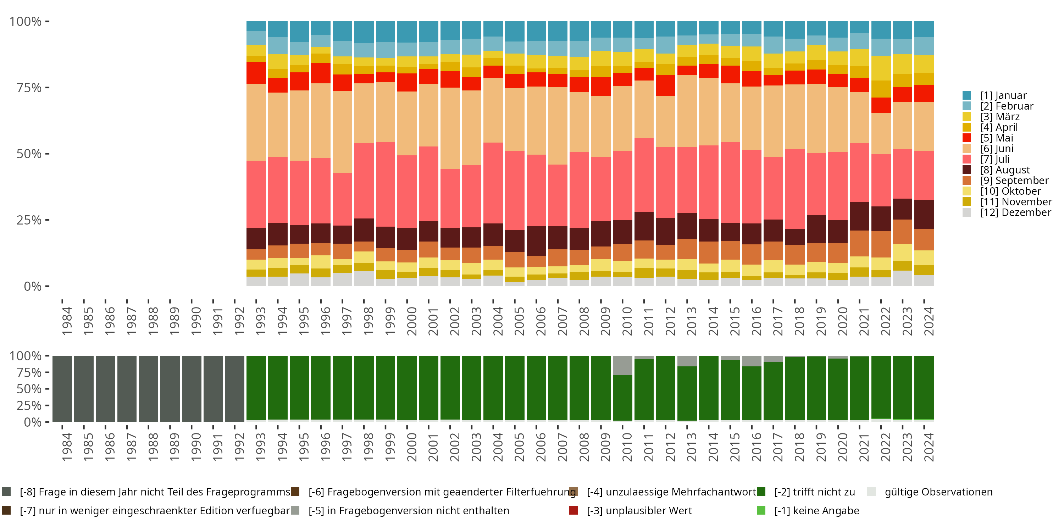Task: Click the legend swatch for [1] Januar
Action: point(966,95)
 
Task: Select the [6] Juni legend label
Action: point(997,149)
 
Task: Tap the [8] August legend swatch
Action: point(966,170)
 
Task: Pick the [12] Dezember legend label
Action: point(1015,212)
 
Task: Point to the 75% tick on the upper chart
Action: point(47,88)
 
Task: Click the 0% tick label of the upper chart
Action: point(32,286)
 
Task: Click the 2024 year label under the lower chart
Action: point(928,447)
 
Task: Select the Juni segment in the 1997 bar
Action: point(342,132)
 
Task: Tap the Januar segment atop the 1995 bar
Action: point(299,32)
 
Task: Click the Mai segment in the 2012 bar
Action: point(665,85)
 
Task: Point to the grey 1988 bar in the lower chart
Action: point(148,389)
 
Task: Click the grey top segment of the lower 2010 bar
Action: point(622,365)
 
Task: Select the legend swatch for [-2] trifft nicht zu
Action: point(761,492)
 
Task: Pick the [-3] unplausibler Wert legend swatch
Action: point(573,510)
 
